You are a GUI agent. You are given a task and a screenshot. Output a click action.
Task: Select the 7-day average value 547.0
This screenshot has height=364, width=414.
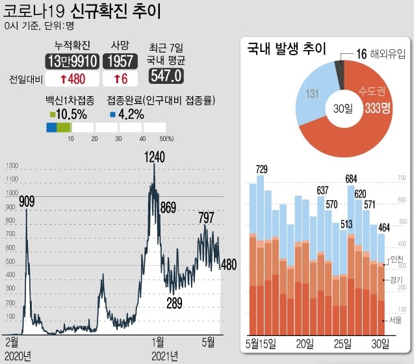166,76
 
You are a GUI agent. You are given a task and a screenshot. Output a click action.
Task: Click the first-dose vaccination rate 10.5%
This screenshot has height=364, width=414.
71,113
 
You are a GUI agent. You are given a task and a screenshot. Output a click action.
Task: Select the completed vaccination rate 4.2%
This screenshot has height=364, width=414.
131,113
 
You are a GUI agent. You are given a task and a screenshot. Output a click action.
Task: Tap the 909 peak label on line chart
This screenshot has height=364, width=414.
27,201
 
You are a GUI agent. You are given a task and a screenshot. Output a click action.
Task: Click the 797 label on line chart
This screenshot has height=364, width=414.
206,217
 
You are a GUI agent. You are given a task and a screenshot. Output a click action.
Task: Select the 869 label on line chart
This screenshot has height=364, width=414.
168,208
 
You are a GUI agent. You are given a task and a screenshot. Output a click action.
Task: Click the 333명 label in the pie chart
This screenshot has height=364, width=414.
377,109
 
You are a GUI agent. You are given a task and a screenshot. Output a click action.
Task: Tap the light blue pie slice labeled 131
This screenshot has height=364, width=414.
313,95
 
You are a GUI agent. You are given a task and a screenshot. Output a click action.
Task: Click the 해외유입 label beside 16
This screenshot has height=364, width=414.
388,57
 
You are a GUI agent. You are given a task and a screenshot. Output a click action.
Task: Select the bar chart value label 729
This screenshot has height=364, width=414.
261,170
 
